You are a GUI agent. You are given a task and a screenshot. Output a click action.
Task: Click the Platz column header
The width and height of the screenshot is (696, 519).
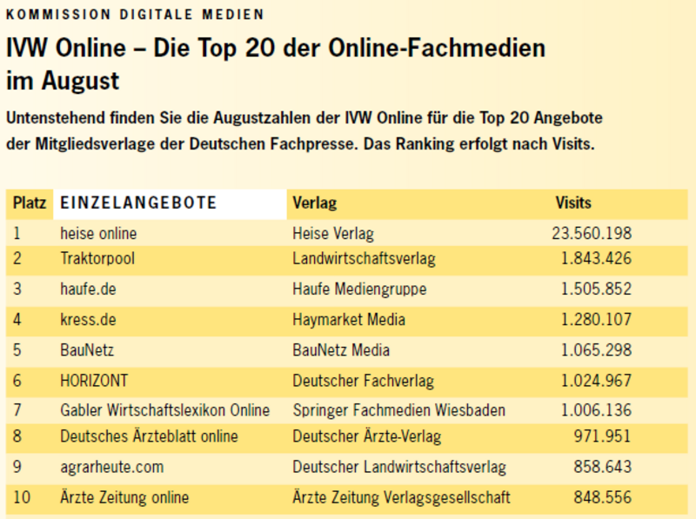[29, 203]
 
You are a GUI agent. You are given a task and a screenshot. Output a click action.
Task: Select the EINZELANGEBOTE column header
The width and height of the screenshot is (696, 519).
[138, 203]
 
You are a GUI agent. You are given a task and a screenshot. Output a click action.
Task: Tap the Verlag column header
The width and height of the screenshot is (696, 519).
[314, 203]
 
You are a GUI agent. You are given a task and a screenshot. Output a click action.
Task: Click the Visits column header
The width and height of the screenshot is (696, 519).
[573, 203]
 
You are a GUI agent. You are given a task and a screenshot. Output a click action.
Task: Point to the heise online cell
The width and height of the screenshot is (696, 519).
[98, 233]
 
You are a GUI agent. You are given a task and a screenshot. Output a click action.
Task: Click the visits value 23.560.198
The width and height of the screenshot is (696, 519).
[592, 233]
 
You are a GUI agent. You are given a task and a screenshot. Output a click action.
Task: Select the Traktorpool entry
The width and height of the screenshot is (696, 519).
[97, 259]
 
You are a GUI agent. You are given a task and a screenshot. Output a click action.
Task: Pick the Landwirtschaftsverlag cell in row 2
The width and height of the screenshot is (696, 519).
[364, 259]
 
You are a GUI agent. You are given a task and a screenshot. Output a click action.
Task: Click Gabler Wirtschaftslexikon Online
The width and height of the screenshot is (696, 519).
[165, 410]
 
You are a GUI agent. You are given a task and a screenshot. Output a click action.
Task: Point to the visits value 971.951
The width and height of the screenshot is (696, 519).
[603, 436]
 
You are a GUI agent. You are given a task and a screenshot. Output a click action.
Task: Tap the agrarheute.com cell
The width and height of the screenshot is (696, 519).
[111, 467]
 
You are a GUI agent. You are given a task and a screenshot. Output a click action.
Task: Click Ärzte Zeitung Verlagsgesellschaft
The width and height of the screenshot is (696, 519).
[401, 498]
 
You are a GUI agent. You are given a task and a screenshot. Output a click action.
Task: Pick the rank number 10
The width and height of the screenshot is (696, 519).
[23, 498]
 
